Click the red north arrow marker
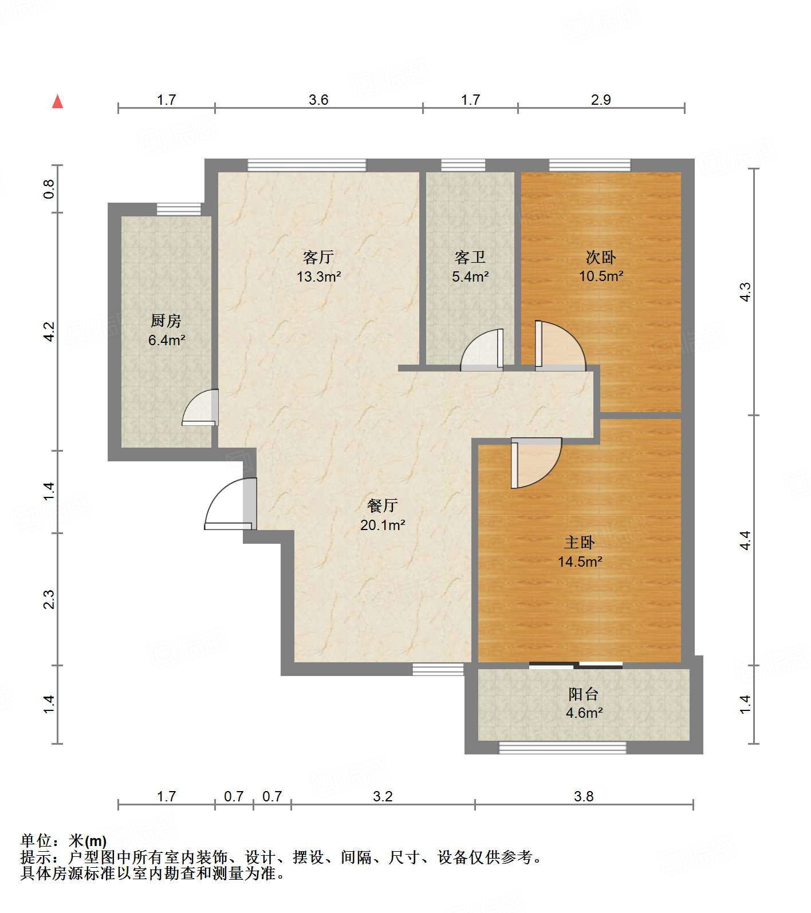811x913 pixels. click(57, 101)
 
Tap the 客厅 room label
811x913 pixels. click(318, 256)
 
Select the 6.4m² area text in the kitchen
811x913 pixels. click(166, 340)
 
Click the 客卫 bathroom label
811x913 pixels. click(470, 256)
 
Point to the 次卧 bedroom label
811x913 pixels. click(601, 256)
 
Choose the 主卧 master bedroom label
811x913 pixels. click(580, 542)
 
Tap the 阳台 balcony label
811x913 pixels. click(584, 694)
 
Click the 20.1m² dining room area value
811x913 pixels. click(383, 525)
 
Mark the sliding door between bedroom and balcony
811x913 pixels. click(576, 665)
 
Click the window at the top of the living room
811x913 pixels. click(306, 165)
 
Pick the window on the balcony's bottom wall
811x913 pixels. click(562, 747)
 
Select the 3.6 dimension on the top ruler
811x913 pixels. click(318, 100)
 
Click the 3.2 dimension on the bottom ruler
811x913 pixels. click(383, 796)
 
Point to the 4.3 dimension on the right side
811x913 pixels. click(745, 293)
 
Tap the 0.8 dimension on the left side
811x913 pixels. click(49, 188)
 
